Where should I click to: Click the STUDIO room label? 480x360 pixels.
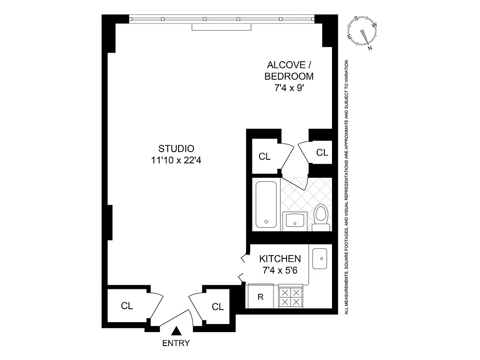click(x=176, y=148)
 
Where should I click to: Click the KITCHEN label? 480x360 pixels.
click(x=280, y=259)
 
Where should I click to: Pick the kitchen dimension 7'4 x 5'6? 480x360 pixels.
click(x=280, y=270)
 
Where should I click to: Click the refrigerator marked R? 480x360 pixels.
click(x=260, y=297)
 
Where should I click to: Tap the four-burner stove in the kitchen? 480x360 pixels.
click(x=290, y=297)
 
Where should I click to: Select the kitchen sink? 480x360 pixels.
click(x=320, y=258)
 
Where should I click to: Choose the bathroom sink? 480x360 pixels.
click(x=296, y=221)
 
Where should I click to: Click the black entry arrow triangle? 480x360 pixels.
click(x=176, y=331)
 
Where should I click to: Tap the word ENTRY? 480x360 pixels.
click(x=176, y=343)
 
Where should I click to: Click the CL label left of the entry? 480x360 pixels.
click(x=127, y=306)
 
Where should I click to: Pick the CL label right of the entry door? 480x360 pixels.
click(x=218, y=307)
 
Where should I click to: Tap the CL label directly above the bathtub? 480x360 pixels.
click(x=265, y=157)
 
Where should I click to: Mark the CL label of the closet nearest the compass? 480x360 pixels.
click(x=322, y=153)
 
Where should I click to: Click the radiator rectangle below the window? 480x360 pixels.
click(x=221, y=27)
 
